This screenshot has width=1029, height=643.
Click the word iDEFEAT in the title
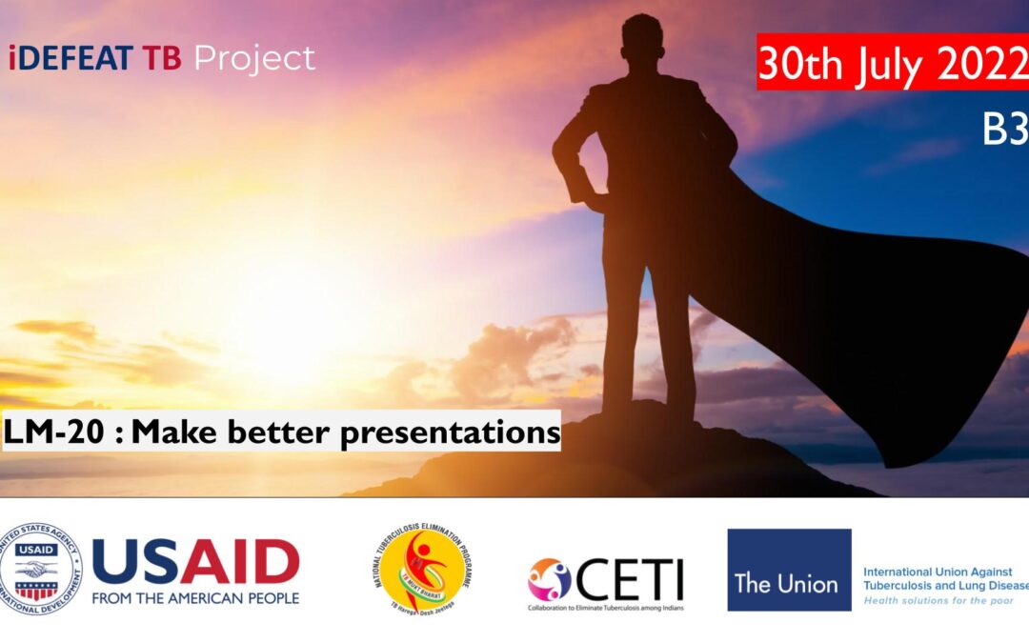click(71, 59)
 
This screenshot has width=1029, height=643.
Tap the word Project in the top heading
click(254, 59)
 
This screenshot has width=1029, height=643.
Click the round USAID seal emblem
click(41, 569)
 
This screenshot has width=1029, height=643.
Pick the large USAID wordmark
click(195, 561)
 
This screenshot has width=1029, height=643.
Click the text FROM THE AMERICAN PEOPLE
click(195, 598)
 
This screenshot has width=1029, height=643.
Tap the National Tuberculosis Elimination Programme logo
click(424, 569)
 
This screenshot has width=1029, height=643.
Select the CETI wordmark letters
click(630, 578)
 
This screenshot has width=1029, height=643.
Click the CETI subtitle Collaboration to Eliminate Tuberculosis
click(606, 607)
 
